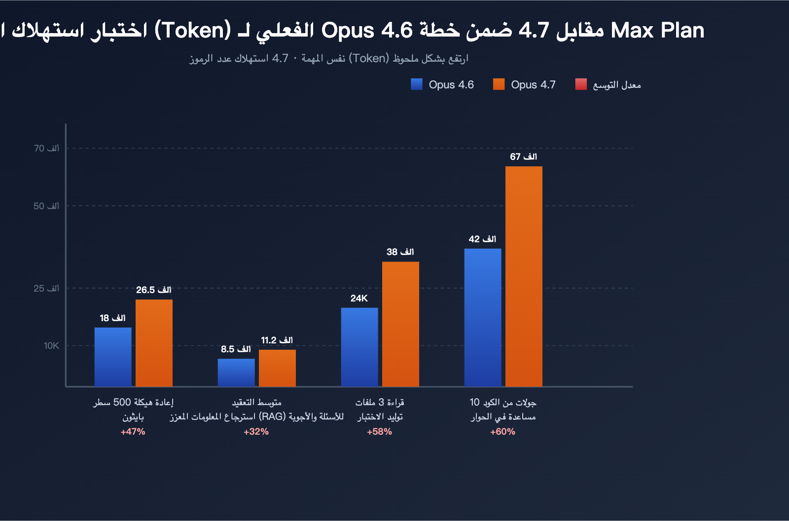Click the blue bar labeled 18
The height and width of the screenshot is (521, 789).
pyautogui.click(x=113, y=357)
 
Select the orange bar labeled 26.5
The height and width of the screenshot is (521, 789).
pyautogui.click(x=154, y=343)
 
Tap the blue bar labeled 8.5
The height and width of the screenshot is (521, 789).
pyautogui.click(x=236, y=372)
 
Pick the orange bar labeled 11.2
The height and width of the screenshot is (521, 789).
pyautogui.click(x=277, y=368)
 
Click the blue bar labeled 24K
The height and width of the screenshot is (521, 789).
pyautogui.click(x=359, y=347)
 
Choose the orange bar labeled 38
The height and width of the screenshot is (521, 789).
pyautogui.click(x=400, y=324)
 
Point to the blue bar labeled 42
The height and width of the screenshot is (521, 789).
pyautogui.click(x=483, y=317)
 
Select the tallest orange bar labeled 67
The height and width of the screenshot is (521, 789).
pyautogui.click(x=524, y=276)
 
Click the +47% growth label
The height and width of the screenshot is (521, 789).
pyautogui.click(x=133, y=432)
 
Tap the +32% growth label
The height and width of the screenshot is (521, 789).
pyautogui.click(x=256, y=432)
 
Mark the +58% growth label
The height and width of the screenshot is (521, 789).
pyautogui.click(x=379, y=432)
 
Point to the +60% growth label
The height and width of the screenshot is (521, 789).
pyautogui.click(x=502, y=432)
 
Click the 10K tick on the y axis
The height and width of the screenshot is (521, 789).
pyautogui.click(x=51, y=346)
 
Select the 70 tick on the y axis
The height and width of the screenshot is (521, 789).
pyautogui.click(x=46, y=149)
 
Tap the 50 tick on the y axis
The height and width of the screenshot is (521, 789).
pyautogui.click(x=46, y=206)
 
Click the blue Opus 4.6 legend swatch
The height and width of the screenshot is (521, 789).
pyautogui.click(x=417, y=84)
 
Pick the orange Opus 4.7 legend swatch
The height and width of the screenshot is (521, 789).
pyautogui.click(x=499, y=84)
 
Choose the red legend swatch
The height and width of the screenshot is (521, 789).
pyautogui.click(x=581, y=84)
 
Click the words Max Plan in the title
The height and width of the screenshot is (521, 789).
pyautogui.click(x=657, y=31)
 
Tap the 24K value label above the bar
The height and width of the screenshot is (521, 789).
pyautogui.click(x=359, y=298)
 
